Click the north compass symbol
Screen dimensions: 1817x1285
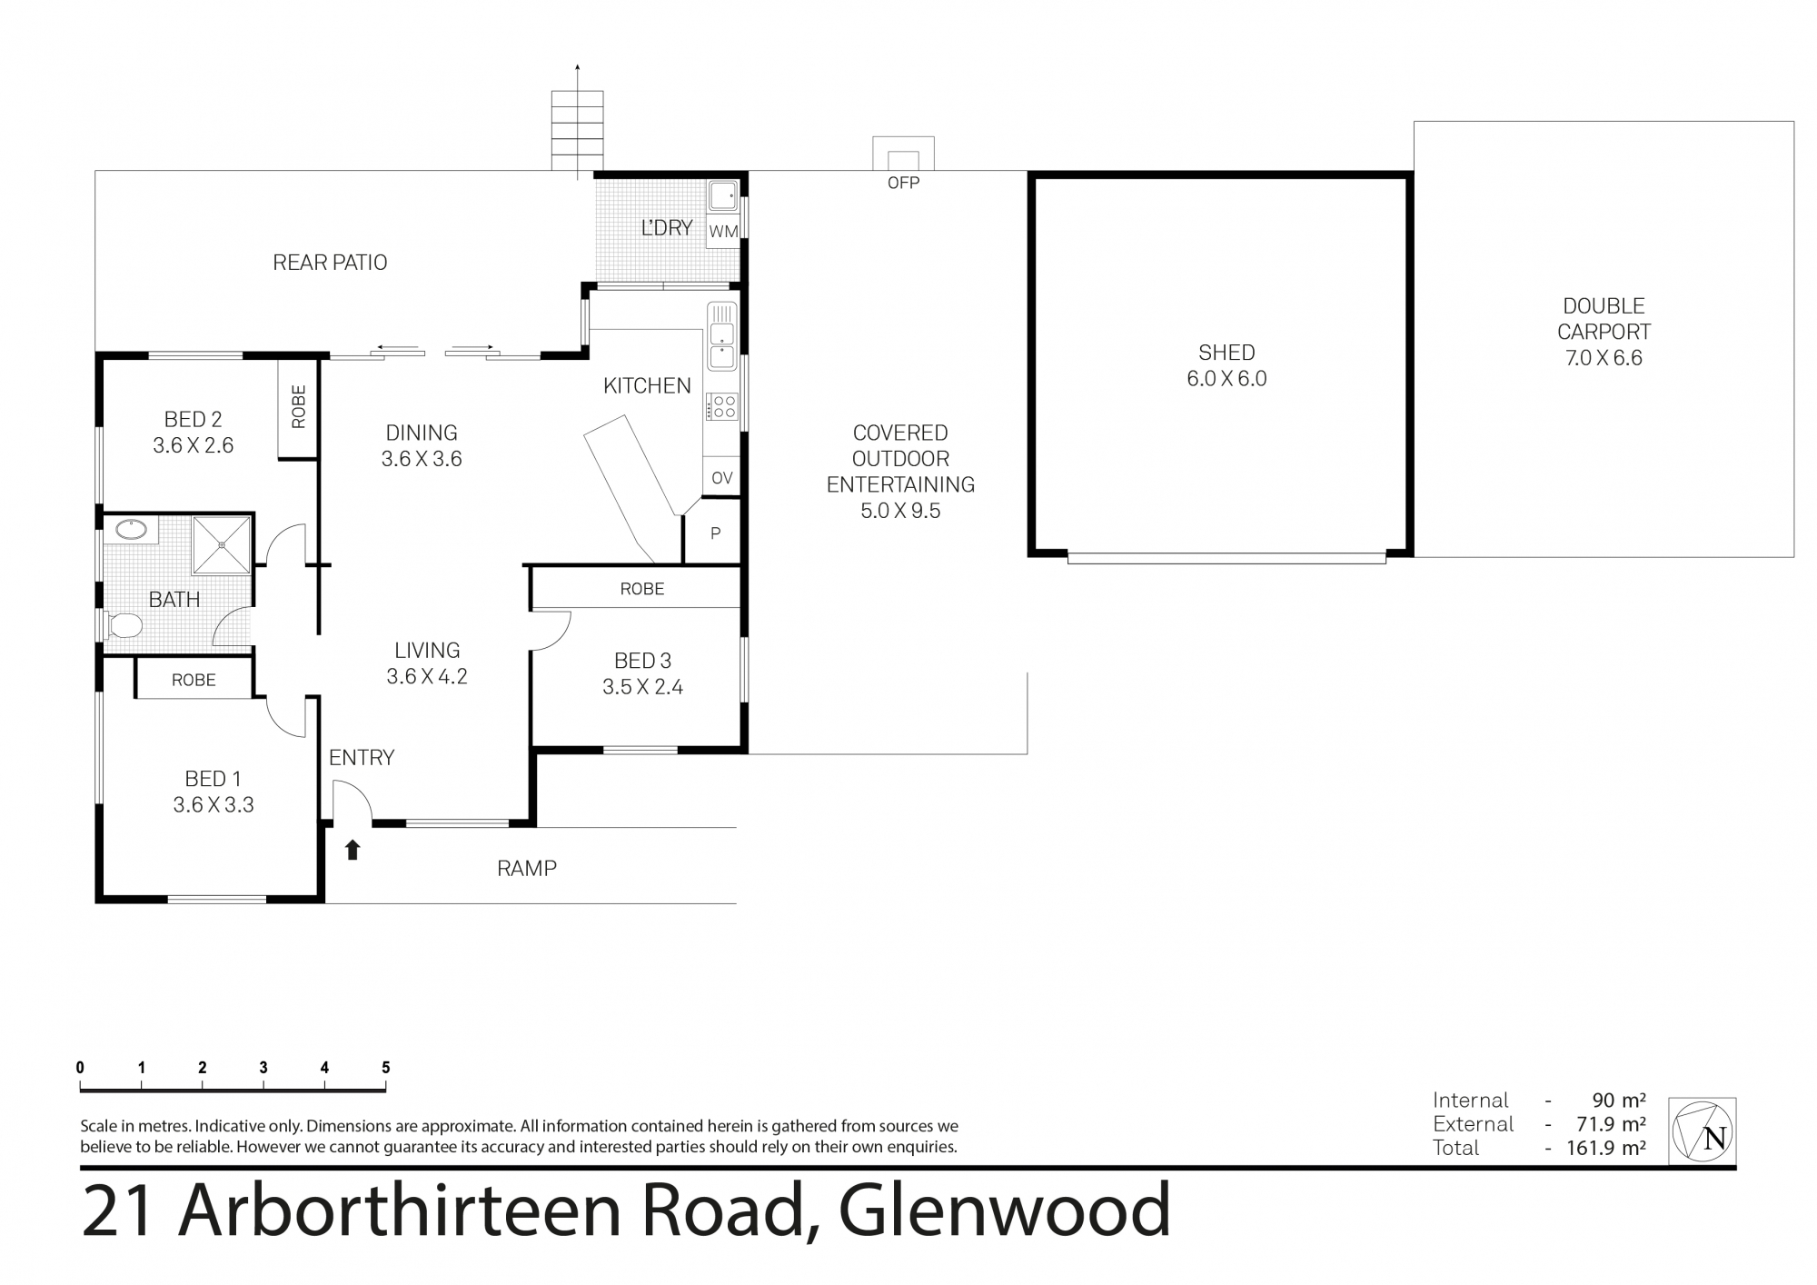pos(1703,1131)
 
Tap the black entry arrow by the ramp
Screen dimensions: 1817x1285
pos(352,850)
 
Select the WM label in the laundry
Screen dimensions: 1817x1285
pos(723,232)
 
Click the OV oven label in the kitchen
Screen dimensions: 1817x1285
pos(722,478)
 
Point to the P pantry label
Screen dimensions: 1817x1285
pos(716,533)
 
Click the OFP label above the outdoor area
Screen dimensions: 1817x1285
pos(903,183)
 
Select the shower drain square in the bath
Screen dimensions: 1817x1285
pos(222,545)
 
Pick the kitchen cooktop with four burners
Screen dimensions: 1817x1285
pos(723,406)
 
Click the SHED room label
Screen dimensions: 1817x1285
pos(1226,353)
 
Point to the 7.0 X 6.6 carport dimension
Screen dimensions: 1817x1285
pos(1604,358)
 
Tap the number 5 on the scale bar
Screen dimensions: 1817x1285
pos(385,1068)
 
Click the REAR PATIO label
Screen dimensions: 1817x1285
pos(330,263)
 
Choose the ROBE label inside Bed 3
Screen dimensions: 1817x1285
pos(642,589)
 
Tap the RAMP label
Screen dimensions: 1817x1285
pos(527,869)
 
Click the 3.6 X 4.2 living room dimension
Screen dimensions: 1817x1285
pos(427,676)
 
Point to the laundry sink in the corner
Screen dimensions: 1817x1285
pos(723,196)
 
